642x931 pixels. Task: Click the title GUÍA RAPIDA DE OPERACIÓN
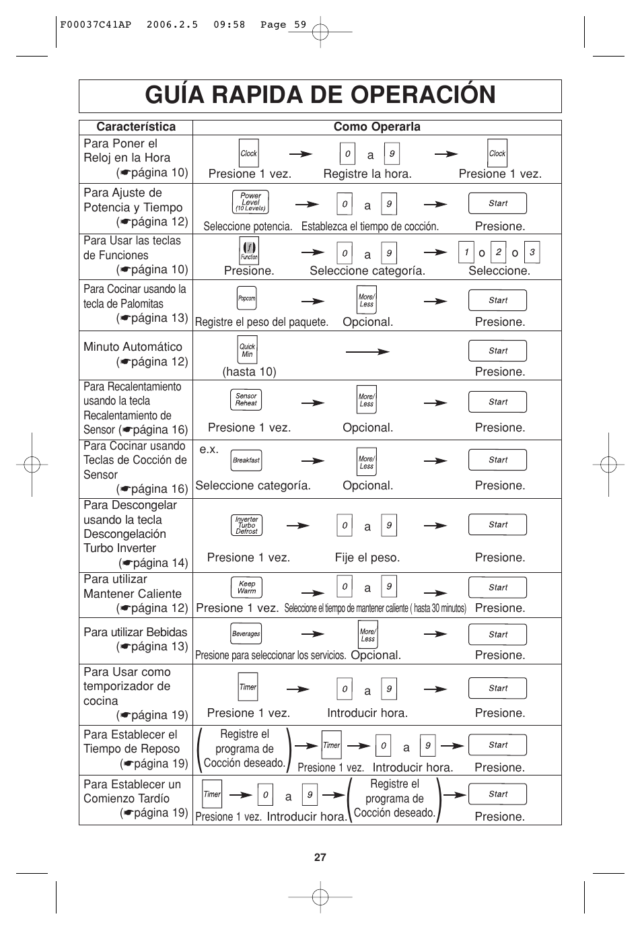click(x=320, y=96)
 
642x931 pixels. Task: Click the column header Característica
click(x=135, y=127)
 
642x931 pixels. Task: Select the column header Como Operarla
click(x=377, y=127)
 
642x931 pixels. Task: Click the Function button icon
click(x=249, y=251)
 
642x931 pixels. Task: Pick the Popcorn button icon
click(x=247, y=298)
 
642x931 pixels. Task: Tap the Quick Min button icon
click(x=248, y=350)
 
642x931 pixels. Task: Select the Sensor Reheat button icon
click(x=246, y=400)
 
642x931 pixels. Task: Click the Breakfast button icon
click(x=246, y=460)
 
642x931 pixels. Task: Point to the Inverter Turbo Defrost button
click(x=246, y=525)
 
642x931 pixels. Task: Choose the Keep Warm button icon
click(x=246, y=588)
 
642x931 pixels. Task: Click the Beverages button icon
click(x=246, y=633)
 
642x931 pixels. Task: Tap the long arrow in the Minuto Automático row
click(x=367, y=351)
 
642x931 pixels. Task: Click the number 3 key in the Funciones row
click(x=532, y=252)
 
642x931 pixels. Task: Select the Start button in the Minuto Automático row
click(x=498, y=351)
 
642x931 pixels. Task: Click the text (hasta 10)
click(x=249, y=372)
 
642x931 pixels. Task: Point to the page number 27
click(x=320, y=857)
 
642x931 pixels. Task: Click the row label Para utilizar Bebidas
click(x=135, y=632)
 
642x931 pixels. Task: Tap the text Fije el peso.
click(x=367, y=557)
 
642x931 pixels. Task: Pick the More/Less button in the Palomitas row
click(x=367, y=300)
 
